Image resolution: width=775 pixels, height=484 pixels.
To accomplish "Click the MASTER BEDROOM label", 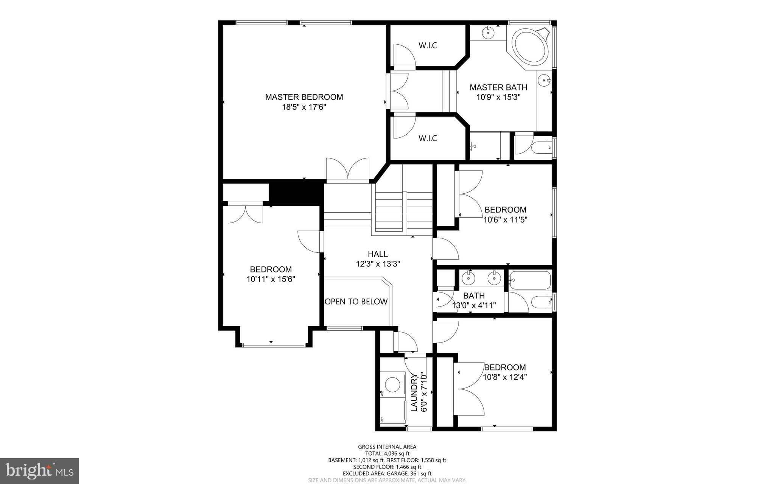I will coord(304,97).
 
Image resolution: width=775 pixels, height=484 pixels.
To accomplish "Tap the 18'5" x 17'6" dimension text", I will coord(304,107).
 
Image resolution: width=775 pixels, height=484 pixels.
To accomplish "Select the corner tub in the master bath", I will coord(530,47).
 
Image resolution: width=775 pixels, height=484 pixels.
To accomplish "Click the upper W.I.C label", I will coord(428,45).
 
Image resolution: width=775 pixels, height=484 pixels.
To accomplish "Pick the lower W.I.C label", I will coord(428,138).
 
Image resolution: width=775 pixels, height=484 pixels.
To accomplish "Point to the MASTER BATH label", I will coord(498,87).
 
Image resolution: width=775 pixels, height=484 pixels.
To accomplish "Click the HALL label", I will coord(378,254).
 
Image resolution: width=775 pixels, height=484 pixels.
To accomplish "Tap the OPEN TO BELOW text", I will coord(356,302).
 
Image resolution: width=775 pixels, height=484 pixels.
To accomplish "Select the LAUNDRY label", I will coord(414,392).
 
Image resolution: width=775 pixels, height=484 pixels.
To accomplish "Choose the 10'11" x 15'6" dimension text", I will coord(271,279).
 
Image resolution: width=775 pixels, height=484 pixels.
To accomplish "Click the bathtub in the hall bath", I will coord(529,280).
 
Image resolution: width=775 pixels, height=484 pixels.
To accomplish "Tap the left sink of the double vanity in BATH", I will coord(469,279).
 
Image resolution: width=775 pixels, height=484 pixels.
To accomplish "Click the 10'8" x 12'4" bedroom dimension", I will coord(505,377).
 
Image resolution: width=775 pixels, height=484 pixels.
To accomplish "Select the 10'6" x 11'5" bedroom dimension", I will coord(505,219).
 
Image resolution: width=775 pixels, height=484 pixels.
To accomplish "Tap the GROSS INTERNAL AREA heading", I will coord(387,447).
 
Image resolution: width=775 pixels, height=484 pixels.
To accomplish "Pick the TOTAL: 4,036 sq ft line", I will coord(387,453).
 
